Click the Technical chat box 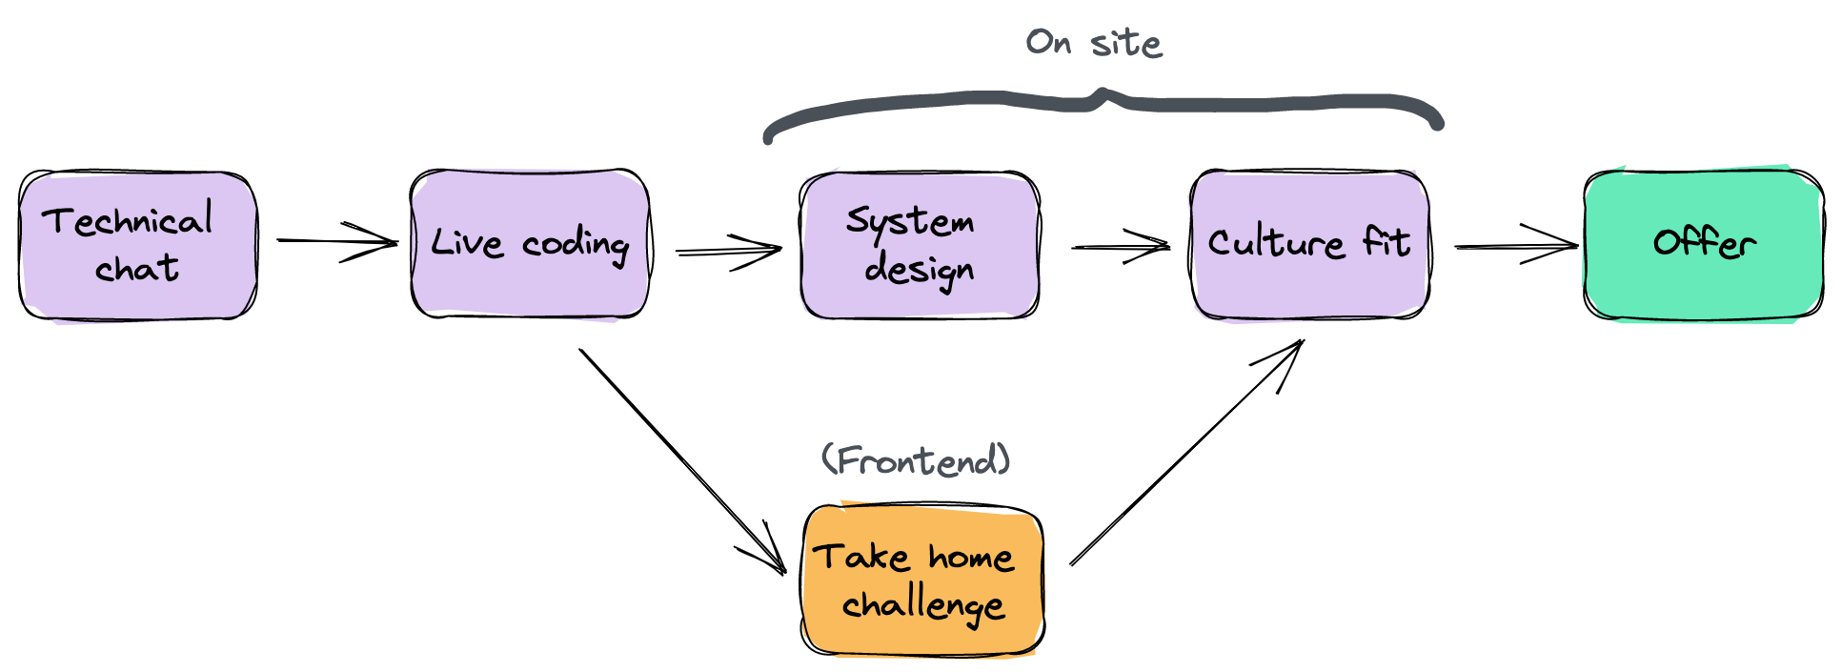(138, 245)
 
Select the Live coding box (530, 244)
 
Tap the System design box (920, 245)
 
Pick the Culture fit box (1309, 244)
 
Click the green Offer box (1704, 245)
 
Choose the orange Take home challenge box (922, 580)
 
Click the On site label (1094, 43)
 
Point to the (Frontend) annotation (916, 460)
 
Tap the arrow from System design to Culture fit (1120, 247)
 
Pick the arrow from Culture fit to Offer (1515, 246)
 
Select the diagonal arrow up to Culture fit (1186, 454)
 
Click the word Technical (127, 221)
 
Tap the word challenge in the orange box (922, 605)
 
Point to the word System (910, 221)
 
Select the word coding (576, 245)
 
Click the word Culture (1275, 242)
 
